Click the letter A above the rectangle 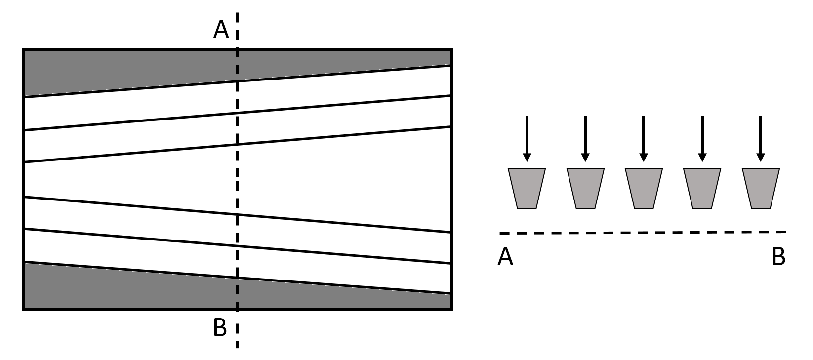coord(221,30)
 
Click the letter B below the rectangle coord(220,327)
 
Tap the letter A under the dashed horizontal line coord(505,257)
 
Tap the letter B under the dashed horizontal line coord(778,257)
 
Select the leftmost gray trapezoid coord(527,189)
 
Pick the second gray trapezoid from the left coord(585,189)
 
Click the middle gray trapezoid coord(644,189)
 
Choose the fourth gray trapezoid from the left coord(702,189)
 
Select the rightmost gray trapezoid coord(761,189)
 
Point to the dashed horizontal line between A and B coord(642,232)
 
